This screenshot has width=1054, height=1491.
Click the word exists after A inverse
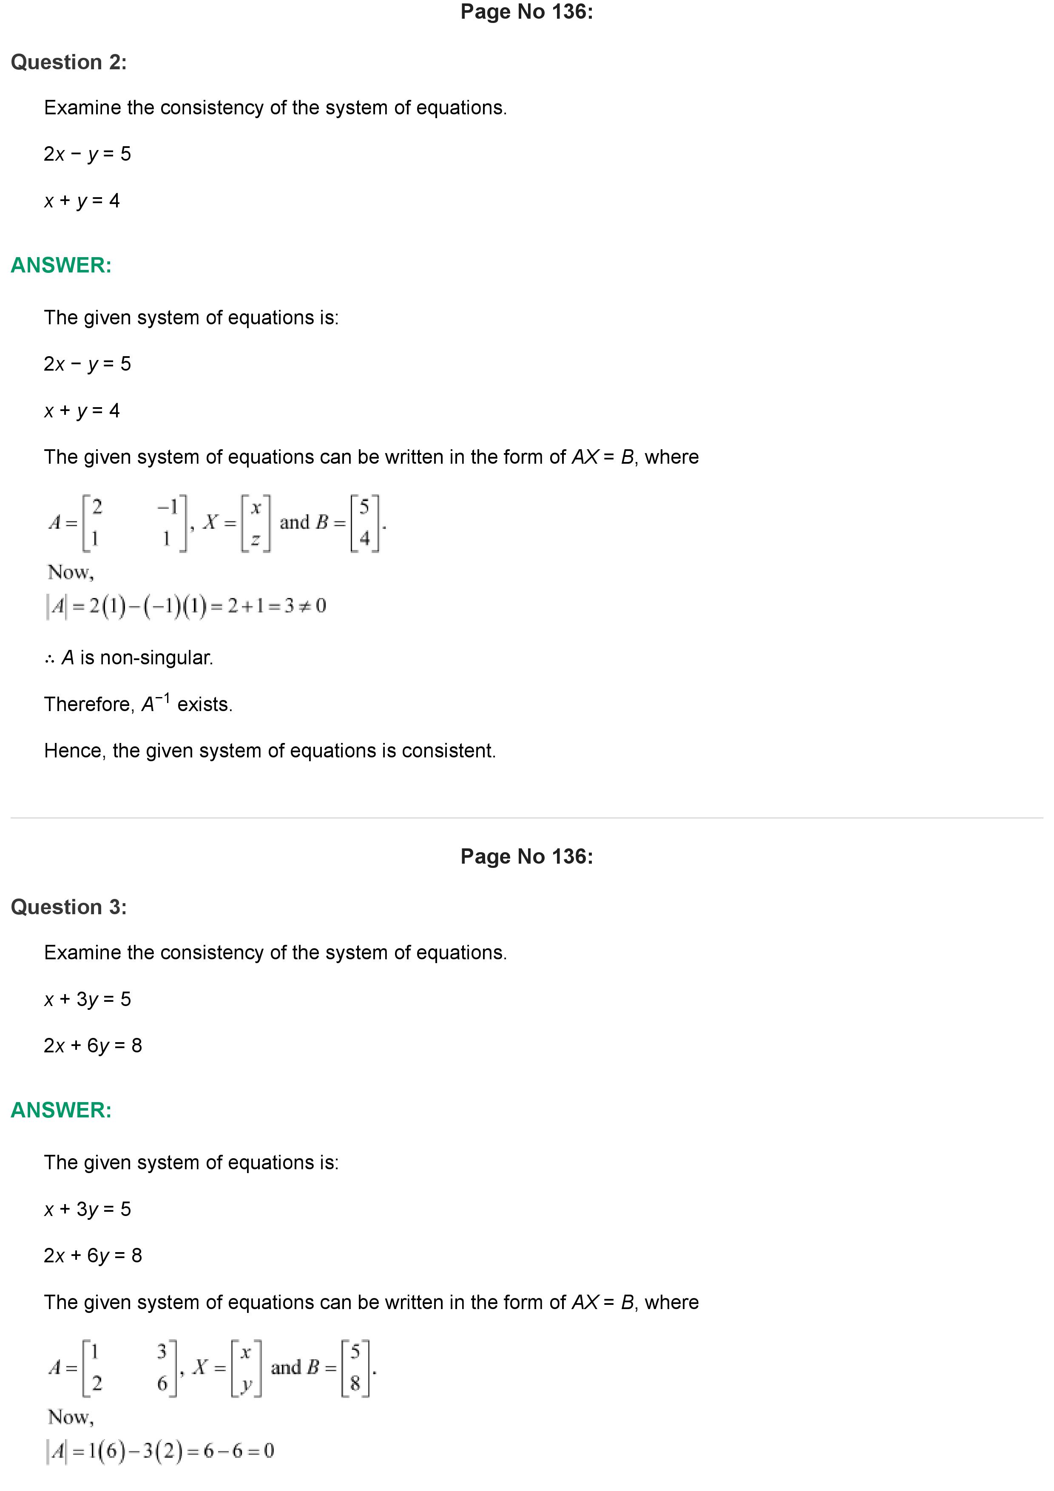click(x=205, y=705)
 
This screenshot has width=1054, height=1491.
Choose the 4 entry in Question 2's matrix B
click(x=364, y=539)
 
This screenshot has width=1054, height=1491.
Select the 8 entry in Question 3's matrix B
click(x=355, y=1384)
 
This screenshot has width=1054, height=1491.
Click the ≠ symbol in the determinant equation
click(x=303, y=606)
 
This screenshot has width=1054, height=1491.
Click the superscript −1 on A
click(x=163, y=698)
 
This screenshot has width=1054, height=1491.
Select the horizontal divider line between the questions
click(x=527, y=818)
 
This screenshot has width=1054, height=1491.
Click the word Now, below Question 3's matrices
click(x=71, y=1417)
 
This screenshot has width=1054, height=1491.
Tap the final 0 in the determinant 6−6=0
click(x=269, y=1451)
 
